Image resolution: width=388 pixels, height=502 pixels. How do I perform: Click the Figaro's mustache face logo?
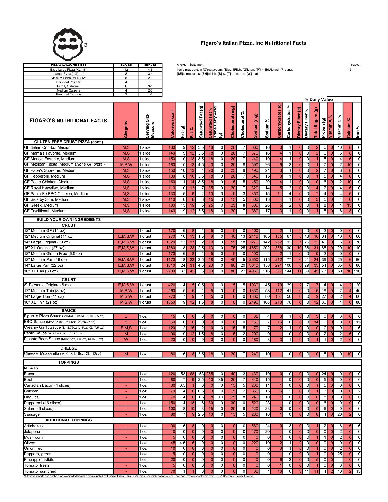(x=69, y=45)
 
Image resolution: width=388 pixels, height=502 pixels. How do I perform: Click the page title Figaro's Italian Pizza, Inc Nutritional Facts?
(x=253, y=43)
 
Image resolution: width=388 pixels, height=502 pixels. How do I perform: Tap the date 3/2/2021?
(x=355, y=65)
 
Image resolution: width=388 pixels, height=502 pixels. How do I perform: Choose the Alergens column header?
(x=126, y=129)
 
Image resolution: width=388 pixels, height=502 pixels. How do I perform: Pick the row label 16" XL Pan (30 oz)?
(x=41, y=271)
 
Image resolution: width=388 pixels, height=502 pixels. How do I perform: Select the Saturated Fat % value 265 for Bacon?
(x=210, y=374)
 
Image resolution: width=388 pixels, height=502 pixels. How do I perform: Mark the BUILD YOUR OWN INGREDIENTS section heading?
(x=69, y=220)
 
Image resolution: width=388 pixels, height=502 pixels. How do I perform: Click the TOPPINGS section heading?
(x=69, y=362)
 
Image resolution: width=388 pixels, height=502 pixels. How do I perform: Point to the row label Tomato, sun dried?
(x=40, y=471)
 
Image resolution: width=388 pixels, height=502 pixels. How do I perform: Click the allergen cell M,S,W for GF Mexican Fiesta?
(x=126, y=165)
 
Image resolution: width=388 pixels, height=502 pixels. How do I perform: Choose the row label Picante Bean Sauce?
(x=42, y=339)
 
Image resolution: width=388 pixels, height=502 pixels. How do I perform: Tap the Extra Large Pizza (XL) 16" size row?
(x=69, y=70)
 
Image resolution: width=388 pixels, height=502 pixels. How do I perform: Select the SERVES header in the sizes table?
(x=150, y=65)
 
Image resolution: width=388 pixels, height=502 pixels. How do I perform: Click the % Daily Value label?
(x=318, y=100)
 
